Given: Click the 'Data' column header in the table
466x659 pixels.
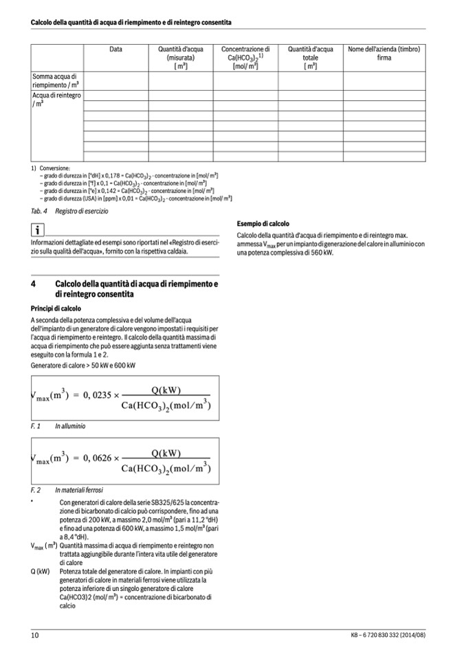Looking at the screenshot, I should click(x=115, y=49).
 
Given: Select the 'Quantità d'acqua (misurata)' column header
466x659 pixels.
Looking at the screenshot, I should click(x=181, y=58).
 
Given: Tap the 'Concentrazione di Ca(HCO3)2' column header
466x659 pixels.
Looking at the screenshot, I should click(x=245, y=58).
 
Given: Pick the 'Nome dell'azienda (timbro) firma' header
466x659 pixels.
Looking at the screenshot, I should click(x=384, y=54).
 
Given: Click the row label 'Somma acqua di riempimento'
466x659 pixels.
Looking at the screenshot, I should click(x=56, y=80).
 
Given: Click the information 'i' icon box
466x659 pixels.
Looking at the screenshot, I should click(x=38, y=230).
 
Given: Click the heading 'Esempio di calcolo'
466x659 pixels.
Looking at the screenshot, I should click(x=263, y=224).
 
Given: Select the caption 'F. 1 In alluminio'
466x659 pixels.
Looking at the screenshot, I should click(x=58, y=426).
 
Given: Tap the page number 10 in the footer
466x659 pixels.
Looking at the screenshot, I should click(x=35, y=635).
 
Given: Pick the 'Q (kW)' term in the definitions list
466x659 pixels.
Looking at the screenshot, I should click(x=41, y=571).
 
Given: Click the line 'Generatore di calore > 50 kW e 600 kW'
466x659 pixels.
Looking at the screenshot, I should click(x=83, y=365).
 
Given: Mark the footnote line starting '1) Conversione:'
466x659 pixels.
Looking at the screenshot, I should click(x=50, y=168).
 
